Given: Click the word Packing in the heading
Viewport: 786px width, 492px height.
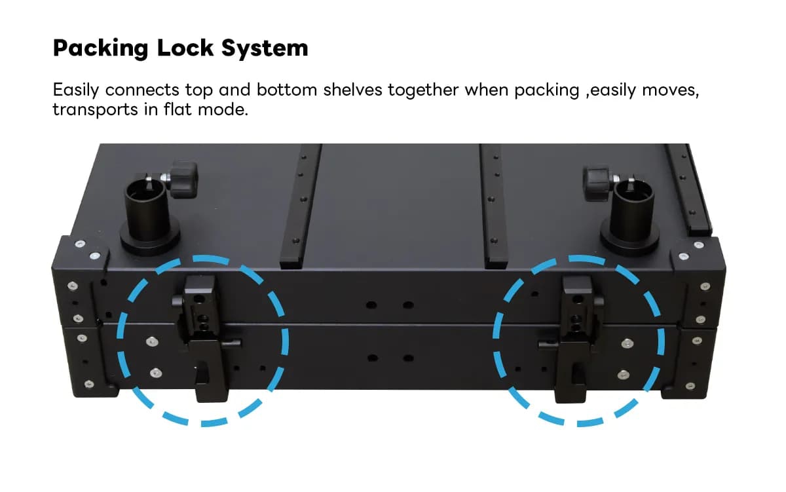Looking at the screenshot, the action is click(x=101, y=48).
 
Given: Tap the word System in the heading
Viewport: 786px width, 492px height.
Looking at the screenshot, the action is click(x=265, y=48).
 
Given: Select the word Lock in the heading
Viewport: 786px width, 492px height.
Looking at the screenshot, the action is click(x=185, y=47).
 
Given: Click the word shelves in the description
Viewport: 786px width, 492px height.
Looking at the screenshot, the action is click(x=352, y=90).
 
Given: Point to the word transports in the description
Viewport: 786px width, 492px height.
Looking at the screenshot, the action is click(x=96, y=110).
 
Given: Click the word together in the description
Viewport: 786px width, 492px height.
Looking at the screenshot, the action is click(x=423, y=90).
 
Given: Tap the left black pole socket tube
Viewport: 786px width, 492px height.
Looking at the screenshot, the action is click(x=148, y=210).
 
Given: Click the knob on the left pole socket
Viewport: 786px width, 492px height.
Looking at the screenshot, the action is click(x=183, y=180).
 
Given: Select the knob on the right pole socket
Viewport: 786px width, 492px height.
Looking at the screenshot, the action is click(x=597, y=183).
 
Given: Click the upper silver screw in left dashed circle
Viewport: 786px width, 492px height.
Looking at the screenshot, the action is click(x=152, y=342).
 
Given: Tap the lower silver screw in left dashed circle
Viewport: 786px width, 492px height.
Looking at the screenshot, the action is click(x=156, y=373).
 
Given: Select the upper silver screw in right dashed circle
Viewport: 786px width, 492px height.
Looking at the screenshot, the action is click(x=627, y=344).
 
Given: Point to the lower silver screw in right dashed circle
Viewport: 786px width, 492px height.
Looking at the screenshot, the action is click(x=624, y=375).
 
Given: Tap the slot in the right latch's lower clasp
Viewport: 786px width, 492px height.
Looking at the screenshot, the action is click(x=577, y=373).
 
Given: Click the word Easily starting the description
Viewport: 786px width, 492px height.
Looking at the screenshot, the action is click(x=76, y=90).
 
